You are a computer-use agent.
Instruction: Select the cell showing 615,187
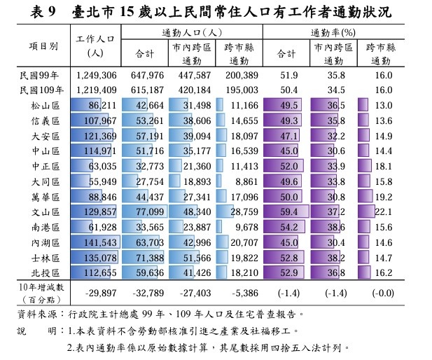point(147,90)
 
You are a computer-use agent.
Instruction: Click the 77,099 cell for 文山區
point(147,211)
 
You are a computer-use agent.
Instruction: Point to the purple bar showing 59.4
point(287,211)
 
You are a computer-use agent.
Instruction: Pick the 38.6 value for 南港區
point(335,226)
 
